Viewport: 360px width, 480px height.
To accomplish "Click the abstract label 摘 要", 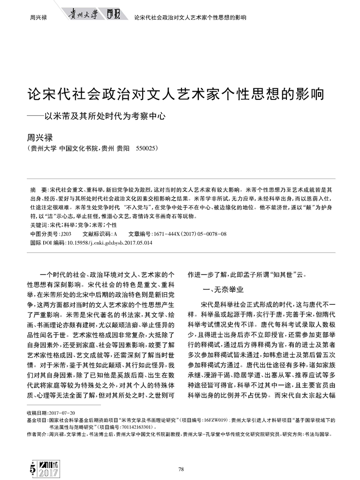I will (x=37, y=190).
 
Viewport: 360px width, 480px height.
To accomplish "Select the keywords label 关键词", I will (x=39, y=225).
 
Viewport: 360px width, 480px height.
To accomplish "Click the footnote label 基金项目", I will (x=37, y=420).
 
